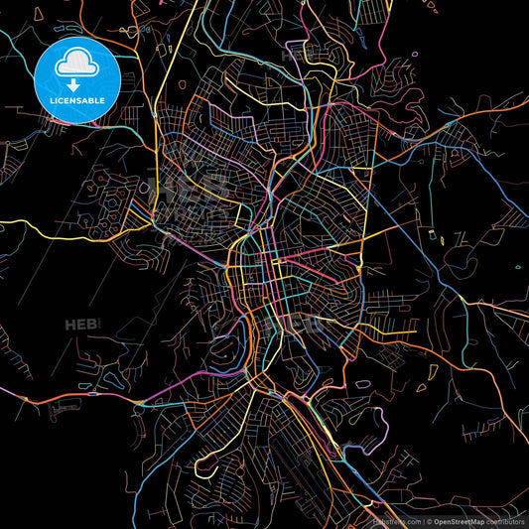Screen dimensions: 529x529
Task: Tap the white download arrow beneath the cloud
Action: (x=76, y=85)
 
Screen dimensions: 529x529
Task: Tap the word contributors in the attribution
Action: (x=505, y=520)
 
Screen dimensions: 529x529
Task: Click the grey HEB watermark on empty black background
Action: (x=81, y=325)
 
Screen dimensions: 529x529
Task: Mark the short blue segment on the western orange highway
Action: (x=93, y=394)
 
